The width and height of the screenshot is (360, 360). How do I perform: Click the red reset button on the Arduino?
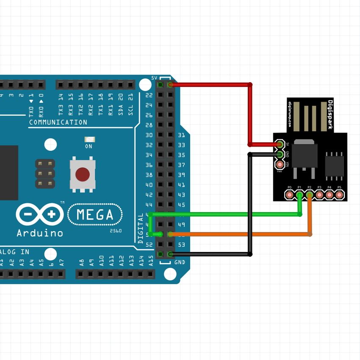82,174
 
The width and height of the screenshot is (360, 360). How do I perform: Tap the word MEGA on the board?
95,215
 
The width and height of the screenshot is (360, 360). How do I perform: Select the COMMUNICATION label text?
58,122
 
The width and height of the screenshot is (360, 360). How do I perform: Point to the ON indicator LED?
89,139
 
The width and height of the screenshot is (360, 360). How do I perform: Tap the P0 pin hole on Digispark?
290,195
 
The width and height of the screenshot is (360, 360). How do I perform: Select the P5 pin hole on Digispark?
339,195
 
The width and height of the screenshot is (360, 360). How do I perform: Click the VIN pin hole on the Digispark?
280,163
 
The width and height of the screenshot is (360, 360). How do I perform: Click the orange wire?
237,234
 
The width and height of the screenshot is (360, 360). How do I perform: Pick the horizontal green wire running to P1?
224,214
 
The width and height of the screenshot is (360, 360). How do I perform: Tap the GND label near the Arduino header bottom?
180,263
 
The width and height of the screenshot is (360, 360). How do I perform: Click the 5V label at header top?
155,78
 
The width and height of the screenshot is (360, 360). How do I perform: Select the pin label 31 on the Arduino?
181,136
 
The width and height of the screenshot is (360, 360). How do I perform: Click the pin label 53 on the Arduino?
181,245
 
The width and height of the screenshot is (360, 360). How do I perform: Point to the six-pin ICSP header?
45,174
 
